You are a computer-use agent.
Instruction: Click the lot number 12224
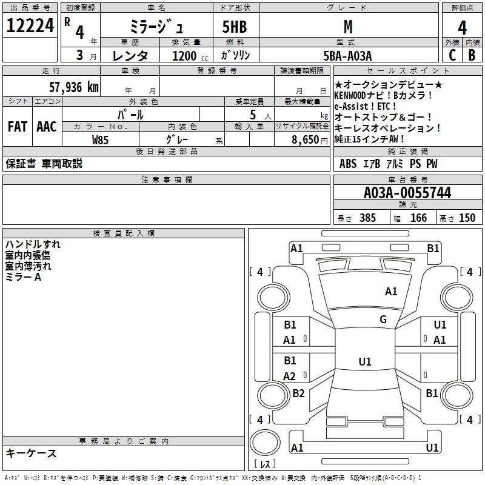pyautogui.click(x=30, y=25)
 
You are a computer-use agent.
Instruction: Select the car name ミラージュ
pyautogui.click(x=156, y=26)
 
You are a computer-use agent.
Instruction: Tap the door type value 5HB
pyautogui.click(x=235, y=27)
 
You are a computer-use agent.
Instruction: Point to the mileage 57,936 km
pyautogui.click(x=74, y=87)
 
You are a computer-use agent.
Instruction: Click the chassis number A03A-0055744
pyautogui.click(x=407, y=193)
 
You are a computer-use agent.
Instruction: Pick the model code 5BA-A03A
pyautogui.click(x=347, y=56)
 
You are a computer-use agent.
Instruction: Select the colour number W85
pyautogui.click(x=100, y=140)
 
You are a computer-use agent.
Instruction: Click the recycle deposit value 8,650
pyautogui.click(x=306, y=140)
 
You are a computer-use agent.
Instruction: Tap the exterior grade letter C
pyautogui.click(x=452, y=55)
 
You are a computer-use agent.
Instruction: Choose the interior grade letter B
pyautogui.click(x=472, y=55)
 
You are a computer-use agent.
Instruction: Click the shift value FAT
pyautogui.click(x=18, y=127)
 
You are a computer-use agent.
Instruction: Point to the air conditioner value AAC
pyautogui.click(x=47, y=127)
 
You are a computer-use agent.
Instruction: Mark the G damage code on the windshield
pyautogui.click(x=383, y=319)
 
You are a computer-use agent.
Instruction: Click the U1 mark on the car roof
pyautogui.click(x=365, y=361)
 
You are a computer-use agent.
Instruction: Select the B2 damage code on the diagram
pyautogui.click(x=298, y=393)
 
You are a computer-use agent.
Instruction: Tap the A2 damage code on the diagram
pyautogui.click(x=289, y=376)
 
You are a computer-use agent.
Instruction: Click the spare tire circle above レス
pyautogui.click(x=265, y=443)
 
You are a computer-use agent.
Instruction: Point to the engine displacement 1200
pyautogui.click(x=184, y=56)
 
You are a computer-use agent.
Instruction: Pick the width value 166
pyautogui.click(x=418, y=218)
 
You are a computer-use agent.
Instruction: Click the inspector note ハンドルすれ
pyautogui.click(x=33, y=244)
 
